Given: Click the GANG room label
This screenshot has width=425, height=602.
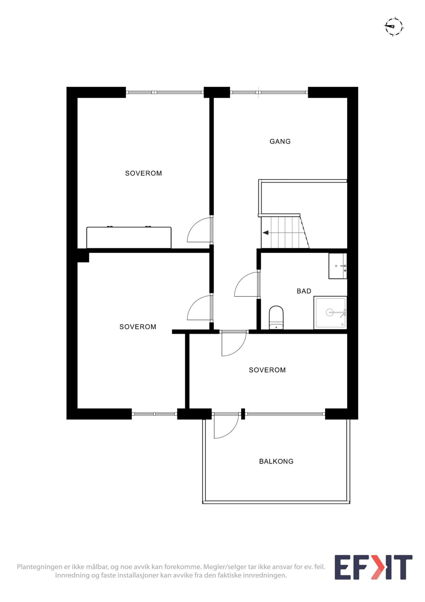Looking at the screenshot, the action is (x=280, y=141).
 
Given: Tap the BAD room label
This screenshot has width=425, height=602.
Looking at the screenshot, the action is (x=304, y=291).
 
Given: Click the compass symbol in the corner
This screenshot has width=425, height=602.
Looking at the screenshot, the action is (x=394, y=27).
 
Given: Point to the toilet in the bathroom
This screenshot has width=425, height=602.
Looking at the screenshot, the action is (x=276, y=318).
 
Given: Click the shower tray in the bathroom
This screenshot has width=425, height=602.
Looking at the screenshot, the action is (x=330, y=313).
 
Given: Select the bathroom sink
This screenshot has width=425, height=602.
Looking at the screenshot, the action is (x=338, y=266).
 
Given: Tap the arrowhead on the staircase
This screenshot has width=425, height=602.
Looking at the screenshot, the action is (x=266, y=233).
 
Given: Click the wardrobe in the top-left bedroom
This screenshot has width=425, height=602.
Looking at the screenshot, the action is (x=129, y=237).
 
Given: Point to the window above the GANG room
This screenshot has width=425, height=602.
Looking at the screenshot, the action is (x=269, y=92).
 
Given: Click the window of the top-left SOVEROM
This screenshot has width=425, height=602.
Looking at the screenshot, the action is (x=165, y=92).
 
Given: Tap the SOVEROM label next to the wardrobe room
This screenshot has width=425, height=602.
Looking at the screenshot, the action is (x=144, y=173).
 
